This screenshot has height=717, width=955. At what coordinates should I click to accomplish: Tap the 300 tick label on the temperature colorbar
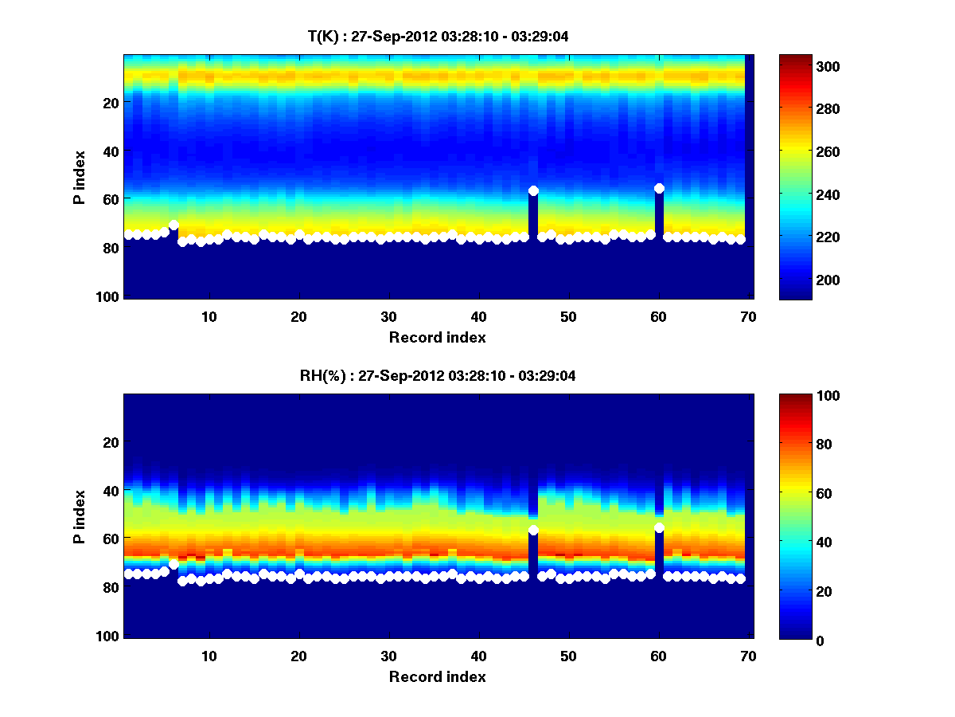coord(806,66)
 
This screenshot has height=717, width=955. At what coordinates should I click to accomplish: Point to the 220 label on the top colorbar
coord(806,237)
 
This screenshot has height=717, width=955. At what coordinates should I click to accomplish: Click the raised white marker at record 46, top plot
coord(533,190)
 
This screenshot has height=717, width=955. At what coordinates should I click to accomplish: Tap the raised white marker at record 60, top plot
coord(659,188)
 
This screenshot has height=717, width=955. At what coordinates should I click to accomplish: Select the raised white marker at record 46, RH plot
coord(533,530)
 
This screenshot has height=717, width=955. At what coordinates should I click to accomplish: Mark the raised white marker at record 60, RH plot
coord(659,527)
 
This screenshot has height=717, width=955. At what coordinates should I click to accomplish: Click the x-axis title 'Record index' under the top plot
coord(437,337)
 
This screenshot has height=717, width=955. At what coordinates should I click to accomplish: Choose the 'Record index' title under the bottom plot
coord(437,676)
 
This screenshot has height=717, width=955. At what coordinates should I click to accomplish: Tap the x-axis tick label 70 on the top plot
coord(747,316)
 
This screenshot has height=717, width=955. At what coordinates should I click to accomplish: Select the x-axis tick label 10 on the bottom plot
coord(209,656)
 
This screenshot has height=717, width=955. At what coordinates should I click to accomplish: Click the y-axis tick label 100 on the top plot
coord(110,296)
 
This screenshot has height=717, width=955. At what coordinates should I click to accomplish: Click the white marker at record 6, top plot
coord(173,225)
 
